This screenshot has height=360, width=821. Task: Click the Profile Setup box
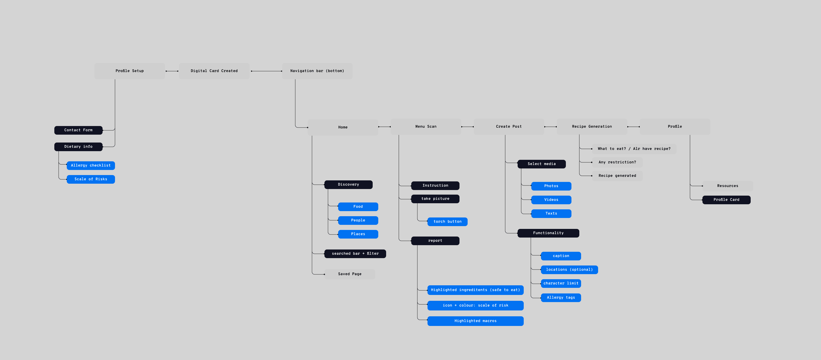pyautogui.click(x=129, y=71)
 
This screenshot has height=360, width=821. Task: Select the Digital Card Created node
pyautogui.click(x=214, y=71)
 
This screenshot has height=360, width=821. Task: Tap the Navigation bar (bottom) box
pyautogui.click(x=317, y=71)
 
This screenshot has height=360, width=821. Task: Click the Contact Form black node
pyautogui.click(x=78, y=130)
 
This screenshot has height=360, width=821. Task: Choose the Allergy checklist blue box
pyautogui.click(x=91, y=165)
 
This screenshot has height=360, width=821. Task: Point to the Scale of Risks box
pyautogui.click(x=91, y=179)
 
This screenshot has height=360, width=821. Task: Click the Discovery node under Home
pyautogui.click(x=348, y=185)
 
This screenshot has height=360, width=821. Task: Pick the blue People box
pyautogui.click(x=358, y=220)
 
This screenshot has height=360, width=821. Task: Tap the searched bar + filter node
pyautogui.click(x=355, y=254)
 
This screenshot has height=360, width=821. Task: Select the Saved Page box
pyautogui.click(x=350, y=274)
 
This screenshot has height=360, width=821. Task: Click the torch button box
pyautogui.click(x=448, y=222)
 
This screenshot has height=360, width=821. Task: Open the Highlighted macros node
pyautogui.click(x=475, y=321)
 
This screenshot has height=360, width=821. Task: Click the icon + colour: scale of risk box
pyautogui.click(x=475, y=305)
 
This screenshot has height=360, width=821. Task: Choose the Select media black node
pyautogui.click(x=542, y=164)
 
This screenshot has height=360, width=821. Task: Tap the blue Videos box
pyautogui.click(x=551, y=200)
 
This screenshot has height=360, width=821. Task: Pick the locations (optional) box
pyautogui.click(x=569, y=270)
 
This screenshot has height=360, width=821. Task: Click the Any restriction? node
pyautogui.click(x=617, y=162)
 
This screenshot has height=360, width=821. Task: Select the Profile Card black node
pyautogui.click(x=726, y=200)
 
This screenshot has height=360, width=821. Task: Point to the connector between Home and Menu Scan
pyautogui.click(x=384, y=127)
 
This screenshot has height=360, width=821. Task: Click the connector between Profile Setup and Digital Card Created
pyautogui.click(x=172, y=71)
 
